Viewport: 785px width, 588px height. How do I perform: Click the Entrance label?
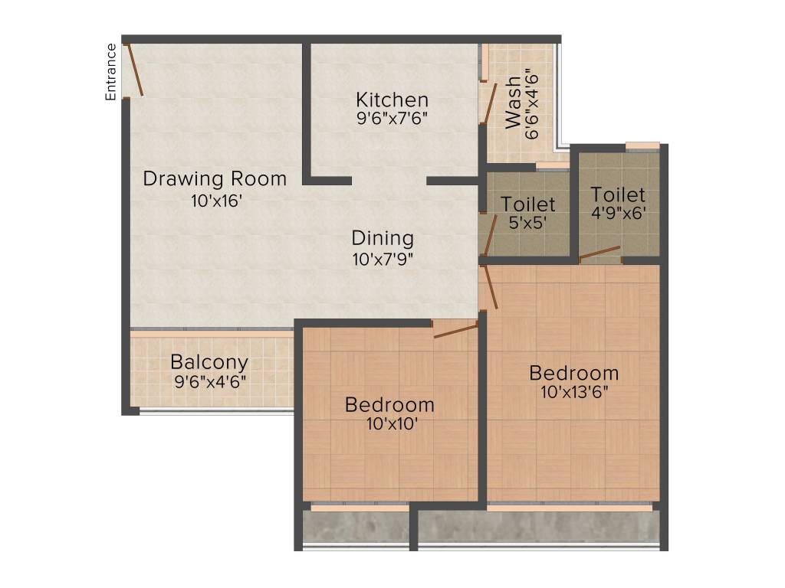pos(111,72)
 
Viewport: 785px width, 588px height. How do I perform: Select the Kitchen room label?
pos(392,100)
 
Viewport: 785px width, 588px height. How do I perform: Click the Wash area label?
pos(513,102)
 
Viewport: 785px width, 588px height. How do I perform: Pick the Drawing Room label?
pos(215,179)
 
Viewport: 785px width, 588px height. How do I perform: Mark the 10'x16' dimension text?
pos(217,201)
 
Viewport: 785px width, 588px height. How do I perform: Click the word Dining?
pos(383,238)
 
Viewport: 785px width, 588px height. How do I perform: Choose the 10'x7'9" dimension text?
pos(383,259)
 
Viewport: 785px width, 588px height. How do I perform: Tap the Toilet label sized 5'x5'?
pos(528,204)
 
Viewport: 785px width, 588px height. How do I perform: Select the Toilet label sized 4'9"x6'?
pos(618,195)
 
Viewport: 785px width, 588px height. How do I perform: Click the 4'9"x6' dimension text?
pos(619,214)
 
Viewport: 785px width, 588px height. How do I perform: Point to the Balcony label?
pos(209,362)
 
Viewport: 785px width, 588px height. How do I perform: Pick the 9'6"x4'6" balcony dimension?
pos(210,381)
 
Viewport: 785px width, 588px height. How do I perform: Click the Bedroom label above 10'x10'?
pos(389,404)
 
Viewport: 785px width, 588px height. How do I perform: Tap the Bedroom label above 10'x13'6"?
pos(574,374)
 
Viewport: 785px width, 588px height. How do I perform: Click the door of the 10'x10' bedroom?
pos(455,330)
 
